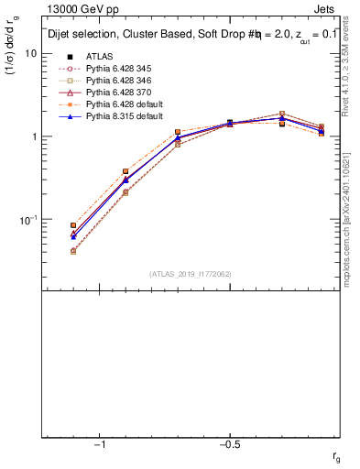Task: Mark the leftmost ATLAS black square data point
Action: coord(73,224)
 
